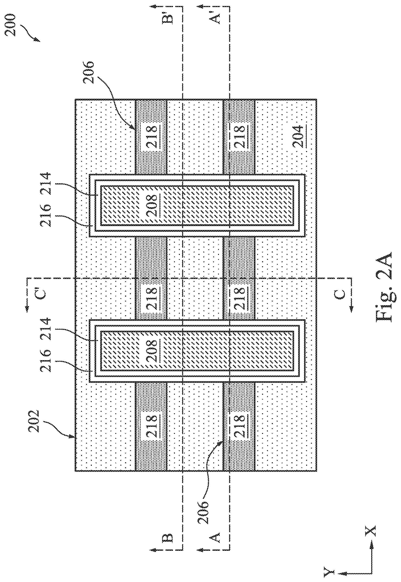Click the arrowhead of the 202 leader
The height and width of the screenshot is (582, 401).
pyautogui.click(x=74, y=438)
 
